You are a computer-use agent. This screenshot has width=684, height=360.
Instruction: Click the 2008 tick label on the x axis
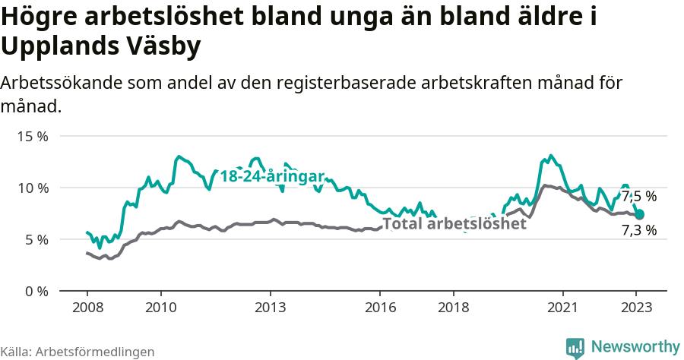click(87, 308)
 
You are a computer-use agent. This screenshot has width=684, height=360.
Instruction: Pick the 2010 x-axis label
click(160, 308)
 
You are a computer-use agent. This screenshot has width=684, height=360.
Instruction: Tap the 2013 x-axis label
click(270, 308)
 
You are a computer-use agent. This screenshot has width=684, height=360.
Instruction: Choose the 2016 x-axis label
click(380, 308)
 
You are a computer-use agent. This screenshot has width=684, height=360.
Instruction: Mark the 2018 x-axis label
click(453, 308)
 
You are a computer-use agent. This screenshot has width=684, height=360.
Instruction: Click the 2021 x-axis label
click(563, 308)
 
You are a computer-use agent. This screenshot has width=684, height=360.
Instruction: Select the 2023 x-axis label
click(636, 308)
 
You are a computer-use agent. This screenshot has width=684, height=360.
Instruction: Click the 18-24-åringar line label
click(272, 177)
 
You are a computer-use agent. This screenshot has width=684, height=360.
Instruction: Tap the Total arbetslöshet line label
click(454, 224)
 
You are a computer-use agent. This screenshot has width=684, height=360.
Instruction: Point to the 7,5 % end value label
click(639, 197)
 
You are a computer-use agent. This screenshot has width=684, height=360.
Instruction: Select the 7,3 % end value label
click(639, 230)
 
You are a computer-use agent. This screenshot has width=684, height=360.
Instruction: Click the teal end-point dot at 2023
click(639, 214)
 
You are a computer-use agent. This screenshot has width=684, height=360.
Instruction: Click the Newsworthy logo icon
click(576, 348)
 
